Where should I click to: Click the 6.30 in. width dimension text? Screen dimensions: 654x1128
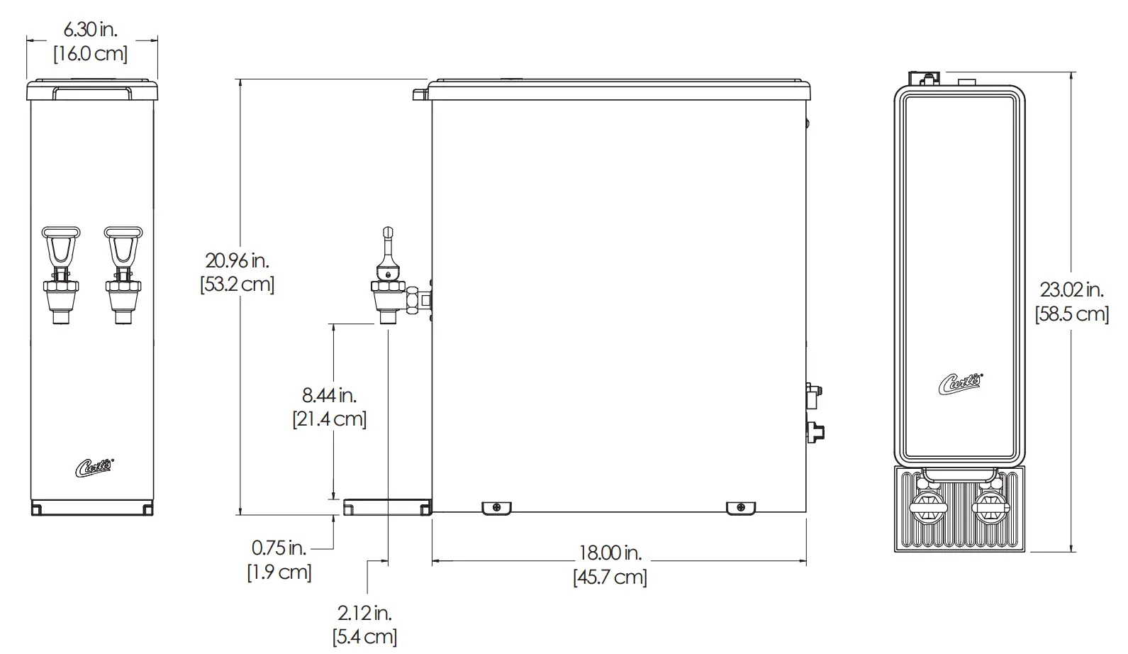(x=91, y=30)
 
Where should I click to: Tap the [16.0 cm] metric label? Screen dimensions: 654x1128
(x=91, y=54)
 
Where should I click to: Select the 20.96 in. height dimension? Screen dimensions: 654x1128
(x=237, y=260)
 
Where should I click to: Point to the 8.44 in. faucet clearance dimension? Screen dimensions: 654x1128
(x=329, y=395)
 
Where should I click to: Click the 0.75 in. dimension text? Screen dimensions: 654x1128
(x=279, y=548)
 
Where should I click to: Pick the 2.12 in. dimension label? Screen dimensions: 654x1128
(x=364, y=612)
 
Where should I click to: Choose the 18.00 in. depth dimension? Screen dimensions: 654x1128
(x=610, y=553)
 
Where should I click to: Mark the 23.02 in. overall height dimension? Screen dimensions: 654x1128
(x=1071, y=289)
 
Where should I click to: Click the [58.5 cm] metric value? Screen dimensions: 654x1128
(x=1072, y=314)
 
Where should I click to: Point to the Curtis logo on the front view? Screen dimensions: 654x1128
(x=95, y=466)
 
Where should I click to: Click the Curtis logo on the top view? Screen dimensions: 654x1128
(x=960, y=383)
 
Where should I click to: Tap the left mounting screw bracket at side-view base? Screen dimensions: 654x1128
(x=497, y=507)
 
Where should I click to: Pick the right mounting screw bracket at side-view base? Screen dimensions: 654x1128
(x=741, y=507)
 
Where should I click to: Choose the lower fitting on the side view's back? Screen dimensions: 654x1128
(x=816, y=431)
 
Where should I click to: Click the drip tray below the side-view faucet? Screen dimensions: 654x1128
(x=387, y=506)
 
